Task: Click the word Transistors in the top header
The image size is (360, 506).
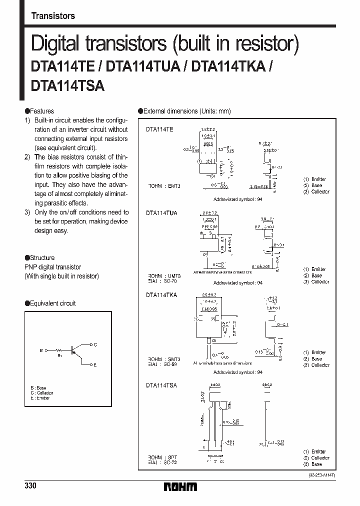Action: (x=53, y=16)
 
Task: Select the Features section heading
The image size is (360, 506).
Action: (x=41, y=111)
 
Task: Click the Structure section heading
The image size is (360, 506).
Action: (x=42, y=258)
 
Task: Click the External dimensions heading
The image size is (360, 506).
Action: (x=186, y=111)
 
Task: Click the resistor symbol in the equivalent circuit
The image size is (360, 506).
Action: (x=59, y=350)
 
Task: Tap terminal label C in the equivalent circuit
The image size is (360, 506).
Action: (x=95, y=344)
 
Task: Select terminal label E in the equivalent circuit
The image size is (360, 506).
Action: (x=95, y=365)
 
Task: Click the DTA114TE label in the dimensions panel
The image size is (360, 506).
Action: (x=160, y=129)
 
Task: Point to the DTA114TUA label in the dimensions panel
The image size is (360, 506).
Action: (x=161, y=212)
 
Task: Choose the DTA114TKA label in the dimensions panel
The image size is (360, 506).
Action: (x=161, y=295)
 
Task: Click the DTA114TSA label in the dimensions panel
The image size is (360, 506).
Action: (x=161, y=385)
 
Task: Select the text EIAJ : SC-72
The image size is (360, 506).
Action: (x=161, y=463)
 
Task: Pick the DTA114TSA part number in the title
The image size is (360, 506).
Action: (x=67, y=85)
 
